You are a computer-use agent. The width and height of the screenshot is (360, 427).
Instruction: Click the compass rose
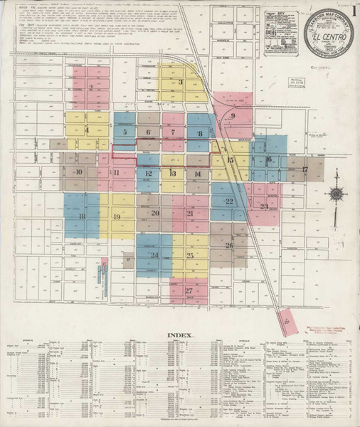(335, 192)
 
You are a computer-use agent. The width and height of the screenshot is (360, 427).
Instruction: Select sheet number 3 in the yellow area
(181, 83)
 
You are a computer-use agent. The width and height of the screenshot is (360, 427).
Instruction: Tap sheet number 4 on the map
(87, 131)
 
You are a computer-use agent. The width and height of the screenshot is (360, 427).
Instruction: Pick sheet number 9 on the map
(232, 116)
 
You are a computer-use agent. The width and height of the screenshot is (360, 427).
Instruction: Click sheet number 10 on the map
(78, 172)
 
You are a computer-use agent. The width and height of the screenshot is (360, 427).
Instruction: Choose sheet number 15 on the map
(230, 161)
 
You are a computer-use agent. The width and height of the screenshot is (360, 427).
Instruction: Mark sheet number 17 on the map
(304, 169)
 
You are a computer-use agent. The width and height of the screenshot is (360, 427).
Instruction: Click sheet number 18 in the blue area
(83, 216)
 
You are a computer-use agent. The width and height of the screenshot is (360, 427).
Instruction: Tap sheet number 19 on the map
(117, 216)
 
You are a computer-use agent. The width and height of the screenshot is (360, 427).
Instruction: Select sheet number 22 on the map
(228, 202)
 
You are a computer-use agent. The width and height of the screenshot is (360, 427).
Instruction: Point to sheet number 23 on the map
(264, 207)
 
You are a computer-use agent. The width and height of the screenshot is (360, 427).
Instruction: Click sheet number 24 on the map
(153, 254)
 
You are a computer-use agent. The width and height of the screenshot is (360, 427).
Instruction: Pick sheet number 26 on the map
(229, 246)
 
